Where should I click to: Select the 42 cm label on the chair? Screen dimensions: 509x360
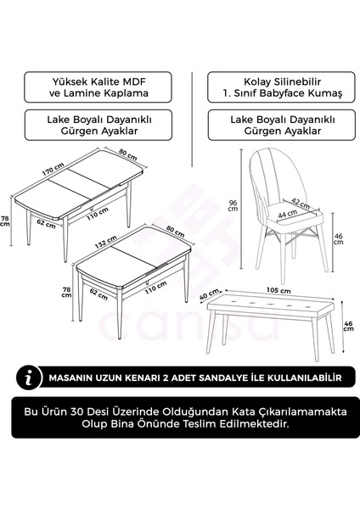pyautogui.click(x=299, y=203)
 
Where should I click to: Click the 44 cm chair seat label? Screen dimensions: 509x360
pyautogui.click(x=277, y=216)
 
